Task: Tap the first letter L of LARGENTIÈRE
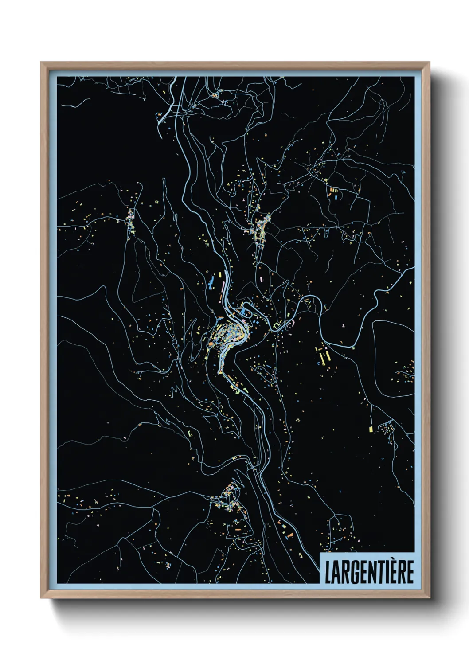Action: pos(328,572)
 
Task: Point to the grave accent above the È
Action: pos(391,560)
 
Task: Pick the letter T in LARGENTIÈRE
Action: pos(379,572)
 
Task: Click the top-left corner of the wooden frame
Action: pos(42,63)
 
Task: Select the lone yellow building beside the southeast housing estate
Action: pos(371,429)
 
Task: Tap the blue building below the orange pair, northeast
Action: pos(336,195)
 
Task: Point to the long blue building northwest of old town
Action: pos(212,282)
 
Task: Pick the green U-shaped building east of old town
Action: pos(277,326)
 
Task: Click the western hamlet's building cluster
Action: pos(130,222)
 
